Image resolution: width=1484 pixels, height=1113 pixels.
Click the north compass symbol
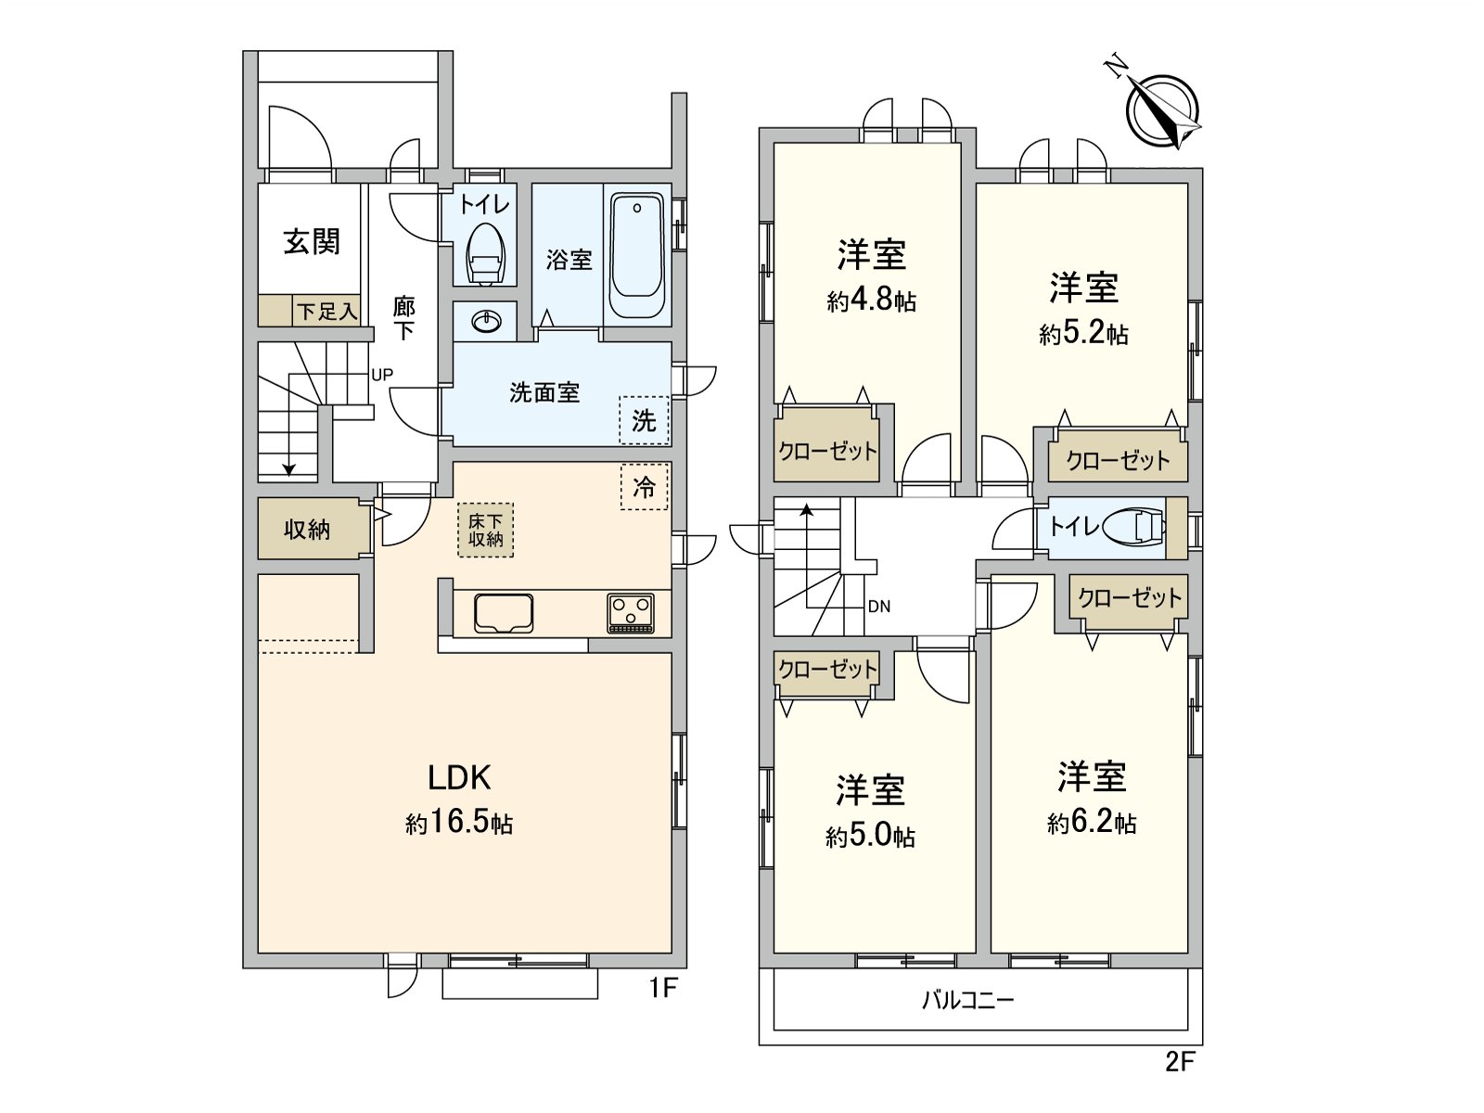coord(1161,109)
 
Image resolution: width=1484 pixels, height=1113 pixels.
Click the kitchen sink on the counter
coord(504,613)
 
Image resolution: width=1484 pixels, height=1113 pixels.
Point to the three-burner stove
coord(631,613)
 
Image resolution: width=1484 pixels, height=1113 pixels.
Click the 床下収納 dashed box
coord(485,530)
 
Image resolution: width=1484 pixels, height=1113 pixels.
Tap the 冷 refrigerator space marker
coord(644,487)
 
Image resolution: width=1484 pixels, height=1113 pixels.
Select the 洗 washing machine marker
coord(644,420)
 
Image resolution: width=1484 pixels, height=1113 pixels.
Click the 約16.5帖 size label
coord(459,823)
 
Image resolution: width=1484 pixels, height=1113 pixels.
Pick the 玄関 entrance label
coord(312,241)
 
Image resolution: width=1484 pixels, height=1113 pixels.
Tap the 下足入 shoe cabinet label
coord(326,312)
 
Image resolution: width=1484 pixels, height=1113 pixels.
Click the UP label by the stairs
coord(382,375)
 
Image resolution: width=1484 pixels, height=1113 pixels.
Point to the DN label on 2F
coord(879,607)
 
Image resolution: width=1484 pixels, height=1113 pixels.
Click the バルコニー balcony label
coord(967,1000)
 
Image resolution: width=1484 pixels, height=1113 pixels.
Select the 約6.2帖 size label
coord(1092,823)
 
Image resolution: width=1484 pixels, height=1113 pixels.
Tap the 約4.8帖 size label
coord(871,301)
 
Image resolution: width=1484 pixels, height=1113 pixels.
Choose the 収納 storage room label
coord(307,530)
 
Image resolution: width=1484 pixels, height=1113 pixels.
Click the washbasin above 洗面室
coord(486,321)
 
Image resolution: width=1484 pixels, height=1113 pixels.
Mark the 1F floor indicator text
coord(663,989)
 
